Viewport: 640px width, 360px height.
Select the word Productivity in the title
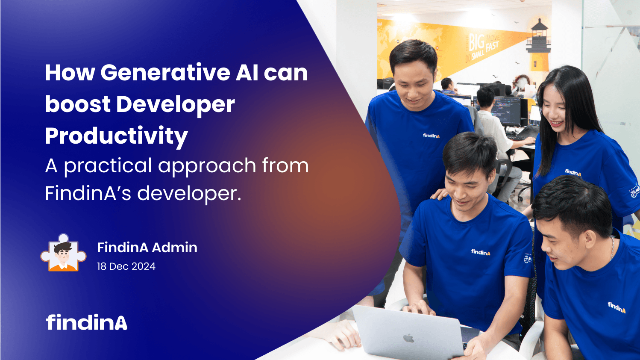tap(116, 136)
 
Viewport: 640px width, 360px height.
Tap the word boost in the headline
tap(77, 105)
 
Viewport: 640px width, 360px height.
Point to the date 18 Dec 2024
tap(126, 266)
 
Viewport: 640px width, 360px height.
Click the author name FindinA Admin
tap(147, 248)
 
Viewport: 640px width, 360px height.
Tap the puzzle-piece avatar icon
tap(63, 254)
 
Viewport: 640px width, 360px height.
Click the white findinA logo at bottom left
tap(87, 322)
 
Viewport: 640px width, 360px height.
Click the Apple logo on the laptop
tap(409, 338)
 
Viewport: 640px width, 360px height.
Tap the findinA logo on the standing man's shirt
tap(431, 136)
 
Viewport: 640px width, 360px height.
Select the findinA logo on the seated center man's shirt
tap(481, 252)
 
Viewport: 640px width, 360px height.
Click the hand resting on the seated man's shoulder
tap(439, 195)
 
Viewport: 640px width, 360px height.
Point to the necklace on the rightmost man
tap(612, 248)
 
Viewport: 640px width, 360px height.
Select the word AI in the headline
tap(247, 73)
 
